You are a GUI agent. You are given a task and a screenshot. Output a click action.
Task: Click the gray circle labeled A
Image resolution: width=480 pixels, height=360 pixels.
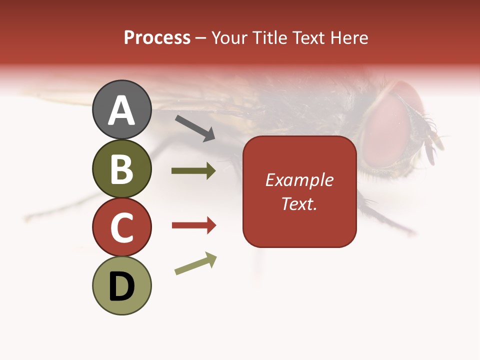click(x=121, y=109)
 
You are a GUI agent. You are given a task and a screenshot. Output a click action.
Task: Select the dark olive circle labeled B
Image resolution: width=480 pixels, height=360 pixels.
click(x=121, y=168)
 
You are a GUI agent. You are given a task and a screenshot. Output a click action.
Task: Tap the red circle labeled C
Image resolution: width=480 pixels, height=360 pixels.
click(x=121, y=227)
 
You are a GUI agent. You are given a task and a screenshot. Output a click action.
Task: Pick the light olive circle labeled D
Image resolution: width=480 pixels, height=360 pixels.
click(x=121, y=285)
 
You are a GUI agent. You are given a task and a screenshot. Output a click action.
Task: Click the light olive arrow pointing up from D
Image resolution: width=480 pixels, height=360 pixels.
click(x=195, y=263)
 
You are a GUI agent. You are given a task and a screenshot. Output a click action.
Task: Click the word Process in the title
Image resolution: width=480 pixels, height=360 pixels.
click(x=157, y=37)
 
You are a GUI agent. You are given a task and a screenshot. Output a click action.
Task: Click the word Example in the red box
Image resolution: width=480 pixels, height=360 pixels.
click(x=299, y=179)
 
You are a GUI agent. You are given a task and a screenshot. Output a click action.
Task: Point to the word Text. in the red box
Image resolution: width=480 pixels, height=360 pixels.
click(x=299, y=203)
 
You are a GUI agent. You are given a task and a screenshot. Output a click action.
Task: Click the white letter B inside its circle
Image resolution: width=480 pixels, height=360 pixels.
click(x=121, y=168)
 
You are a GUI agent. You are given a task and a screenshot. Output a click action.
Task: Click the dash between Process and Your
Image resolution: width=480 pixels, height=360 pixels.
click(x=201, y=38)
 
